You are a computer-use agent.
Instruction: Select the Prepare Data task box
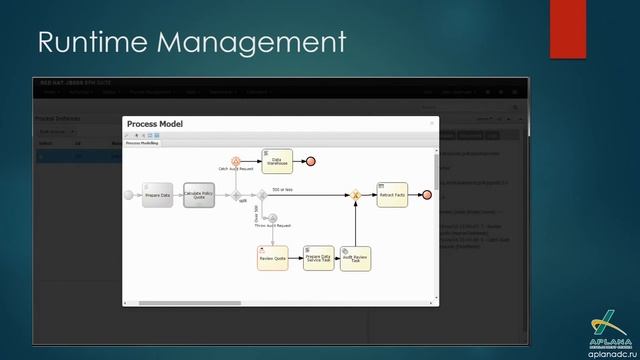(158, 195)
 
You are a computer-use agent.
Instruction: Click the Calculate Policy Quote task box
(199, 195)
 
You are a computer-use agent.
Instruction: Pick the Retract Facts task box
(392, 195)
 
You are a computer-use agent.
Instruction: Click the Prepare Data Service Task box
(319, 258)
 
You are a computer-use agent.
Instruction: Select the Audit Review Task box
(355, 258)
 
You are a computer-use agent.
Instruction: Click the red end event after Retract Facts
(426, 195)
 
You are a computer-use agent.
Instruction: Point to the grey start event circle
(128, 195)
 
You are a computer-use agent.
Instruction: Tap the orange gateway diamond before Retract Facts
(355, 195)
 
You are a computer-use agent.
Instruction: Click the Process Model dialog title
(155, 124)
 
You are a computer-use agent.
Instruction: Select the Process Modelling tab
(142, 143)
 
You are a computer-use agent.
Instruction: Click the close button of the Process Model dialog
(432, 123)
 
